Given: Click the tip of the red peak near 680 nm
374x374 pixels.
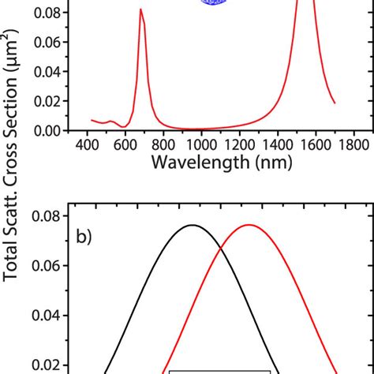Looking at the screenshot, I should click(140, 9).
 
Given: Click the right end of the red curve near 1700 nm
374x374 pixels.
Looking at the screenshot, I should click(335, 103).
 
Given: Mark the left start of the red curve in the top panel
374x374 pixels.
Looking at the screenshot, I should click(92, 120).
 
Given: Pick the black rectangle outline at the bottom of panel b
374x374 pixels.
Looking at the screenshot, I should click(219, 369).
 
